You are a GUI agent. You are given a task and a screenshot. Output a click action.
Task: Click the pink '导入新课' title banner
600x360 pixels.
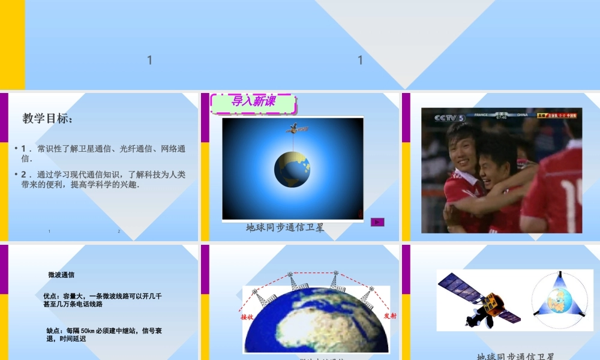click(x=253, y=102)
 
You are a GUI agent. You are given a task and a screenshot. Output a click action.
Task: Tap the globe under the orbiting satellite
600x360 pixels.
click(x=292, y=169)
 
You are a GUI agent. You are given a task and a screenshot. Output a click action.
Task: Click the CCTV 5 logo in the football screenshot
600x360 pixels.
click(x=450, y=117)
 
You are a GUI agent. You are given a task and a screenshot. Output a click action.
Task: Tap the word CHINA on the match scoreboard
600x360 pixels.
click(x=522, y=114)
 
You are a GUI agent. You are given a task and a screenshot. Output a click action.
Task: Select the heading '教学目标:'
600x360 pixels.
click(x=47, y=119)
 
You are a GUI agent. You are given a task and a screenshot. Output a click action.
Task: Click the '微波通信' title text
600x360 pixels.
click(x=61, y=275)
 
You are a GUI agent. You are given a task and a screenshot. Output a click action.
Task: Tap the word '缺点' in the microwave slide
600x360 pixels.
click(x=53, y=331)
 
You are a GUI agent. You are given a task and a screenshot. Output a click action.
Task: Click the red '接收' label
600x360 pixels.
click(x=247, y=316)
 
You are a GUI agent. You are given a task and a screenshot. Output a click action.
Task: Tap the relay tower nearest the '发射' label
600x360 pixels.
click(x=368, y=297)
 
